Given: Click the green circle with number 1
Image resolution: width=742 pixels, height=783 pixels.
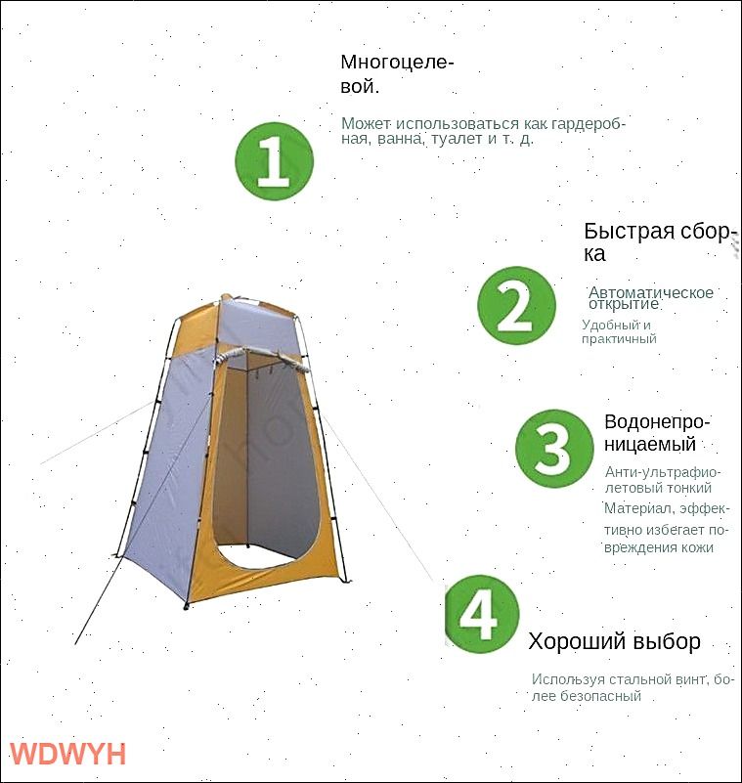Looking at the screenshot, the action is point(274,161).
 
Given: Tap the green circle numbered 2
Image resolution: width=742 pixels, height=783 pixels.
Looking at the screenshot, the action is point(516,305).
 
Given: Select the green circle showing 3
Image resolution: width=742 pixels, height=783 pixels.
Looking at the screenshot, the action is point(554,448).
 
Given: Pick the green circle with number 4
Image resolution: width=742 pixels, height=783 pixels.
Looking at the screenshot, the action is point(482,613).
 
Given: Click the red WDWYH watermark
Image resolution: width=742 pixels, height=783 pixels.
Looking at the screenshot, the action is point(67,754).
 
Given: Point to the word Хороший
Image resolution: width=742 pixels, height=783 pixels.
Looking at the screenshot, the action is point(577,641).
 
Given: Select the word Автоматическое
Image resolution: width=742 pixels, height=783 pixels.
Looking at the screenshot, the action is point(651,292).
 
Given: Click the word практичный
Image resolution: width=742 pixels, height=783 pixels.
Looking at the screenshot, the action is point(619,338).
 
